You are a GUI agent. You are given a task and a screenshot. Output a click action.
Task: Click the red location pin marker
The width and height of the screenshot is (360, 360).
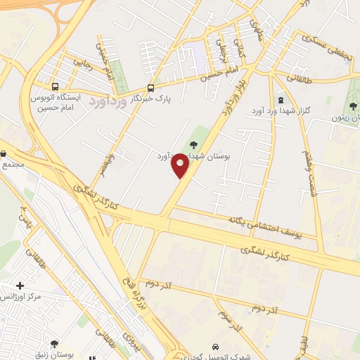click(x=181, y=165)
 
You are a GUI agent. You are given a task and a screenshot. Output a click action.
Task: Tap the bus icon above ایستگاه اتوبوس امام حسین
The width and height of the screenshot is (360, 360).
click(x=56, y=86)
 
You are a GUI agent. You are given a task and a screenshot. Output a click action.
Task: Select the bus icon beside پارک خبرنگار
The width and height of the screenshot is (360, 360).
click(x=150, y=89)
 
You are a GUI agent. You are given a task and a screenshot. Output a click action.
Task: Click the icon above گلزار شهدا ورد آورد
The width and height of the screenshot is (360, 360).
click(x=281, y=93)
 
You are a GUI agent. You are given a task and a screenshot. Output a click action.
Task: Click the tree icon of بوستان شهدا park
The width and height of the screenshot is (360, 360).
click(x=193, y=145)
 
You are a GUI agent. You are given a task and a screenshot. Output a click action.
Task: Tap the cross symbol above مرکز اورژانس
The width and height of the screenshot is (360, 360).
click(x=20, y=285)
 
